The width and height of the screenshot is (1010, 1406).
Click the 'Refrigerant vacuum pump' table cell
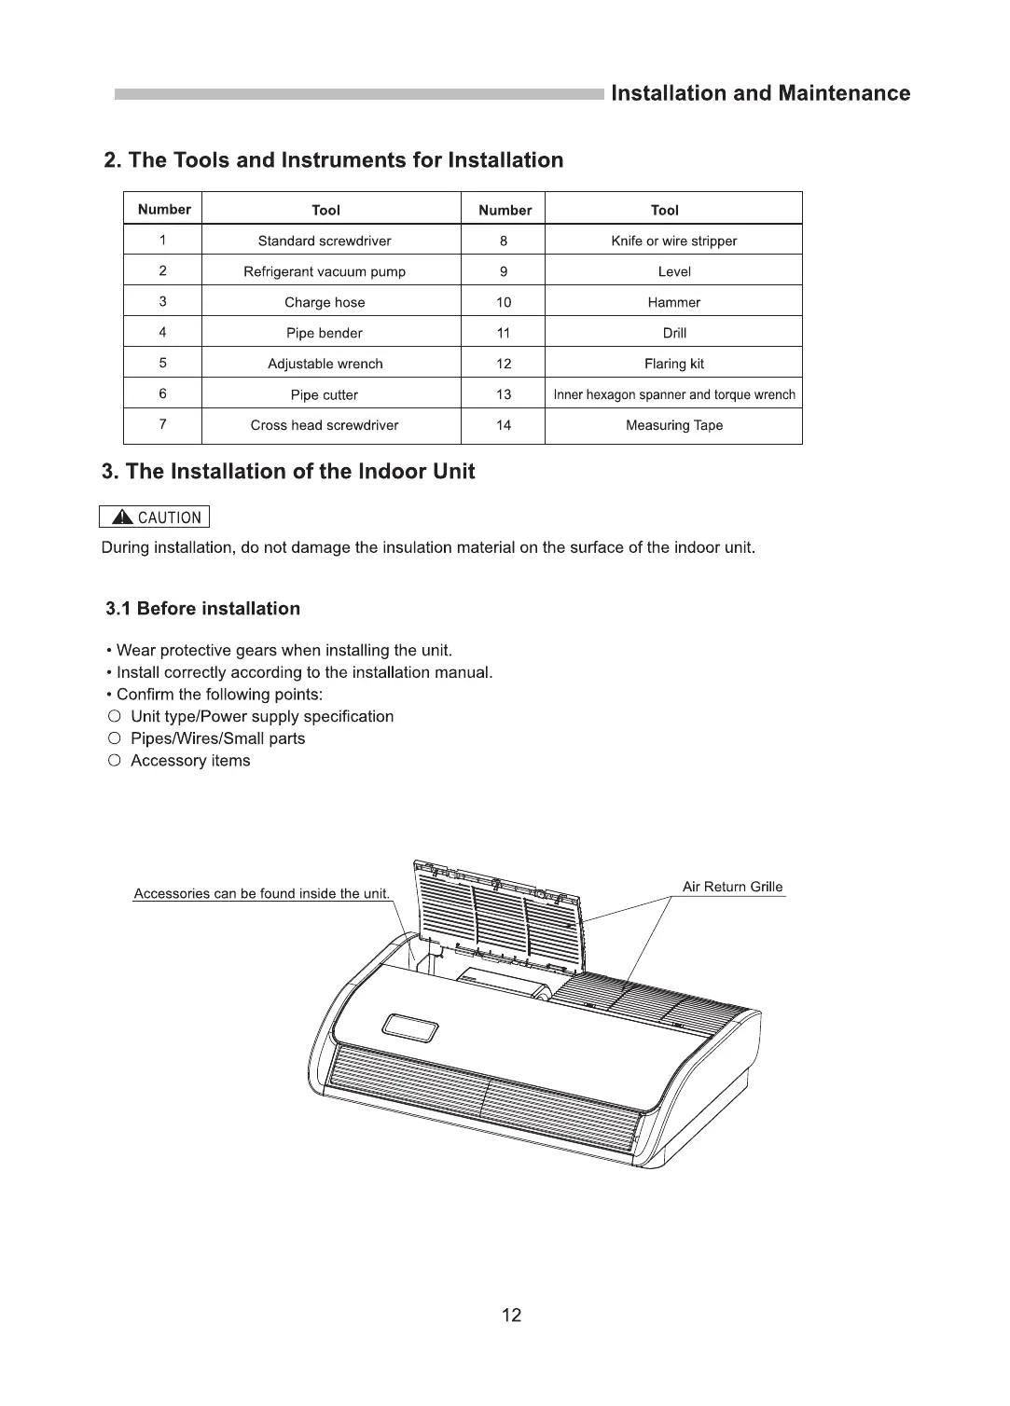pyautogui.click(x=325, y=271)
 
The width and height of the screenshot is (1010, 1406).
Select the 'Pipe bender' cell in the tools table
pyautogui.click(x=325, y=333)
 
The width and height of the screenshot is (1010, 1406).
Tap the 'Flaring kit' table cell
pyautogui.click(x=673, y=364)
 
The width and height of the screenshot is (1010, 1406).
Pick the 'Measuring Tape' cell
pyautogui.click(x=673, y=425)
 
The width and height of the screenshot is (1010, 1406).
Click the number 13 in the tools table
pyautogui.click(x=504, y=394)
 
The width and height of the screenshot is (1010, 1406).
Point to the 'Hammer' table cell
pyautogui.click(x=673, y=302)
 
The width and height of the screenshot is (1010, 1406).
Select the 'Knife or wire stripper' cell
pyautogui.click(x=673, y=241)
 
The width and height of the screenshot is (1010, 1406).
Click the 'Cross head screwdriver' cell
pyautogui.click(x=325, y=425)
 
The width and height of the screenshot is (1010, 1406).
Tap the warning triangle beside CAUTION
pyautogui.click(x=122, y=517)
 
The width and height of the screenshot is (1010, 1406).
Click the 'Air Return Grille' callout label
pyautogui.click(x=732, y=887)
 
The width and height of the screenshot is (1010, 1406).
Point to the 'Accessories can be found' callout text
pyautogui.click(x=261, y=893)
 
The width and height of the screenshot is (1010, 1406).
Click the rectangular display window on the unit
pyautogui.click(x=410, y=1029)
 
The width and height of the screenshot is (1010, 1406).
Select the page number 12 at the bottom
pyautogui.click(x=511, y=1315)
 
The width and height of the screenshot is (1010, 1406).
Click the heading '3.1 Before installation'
pyautogui.click(x=203, y=609)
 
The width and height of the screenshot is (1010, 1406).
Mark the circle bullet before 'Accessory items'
pyautogui.click(x=114, y=761)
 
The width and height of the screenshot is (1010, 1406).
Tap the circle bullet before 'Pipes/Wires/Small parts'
pyautogui.click(x=114, y=738)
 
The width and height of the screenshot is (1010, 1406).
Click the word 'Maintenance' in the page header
pyautogui.click(x=844, y=93)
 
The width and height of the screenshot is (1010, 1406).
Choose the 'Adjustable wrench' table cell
pyautogui.click(x=325, y=364)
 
